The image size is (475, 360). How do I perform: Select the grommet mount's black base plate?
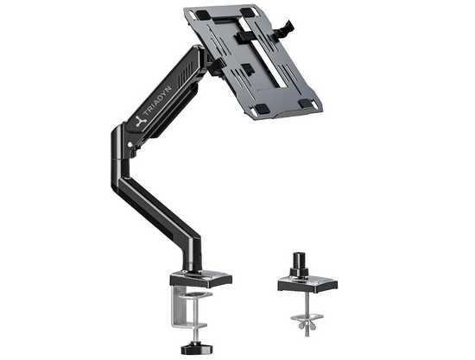[x=307, y=281]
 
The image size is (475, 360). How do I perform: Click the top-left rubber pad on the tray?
[x=200, y=15]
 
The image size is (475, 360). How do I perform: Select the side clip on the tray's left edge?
[x=215, y=60]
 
